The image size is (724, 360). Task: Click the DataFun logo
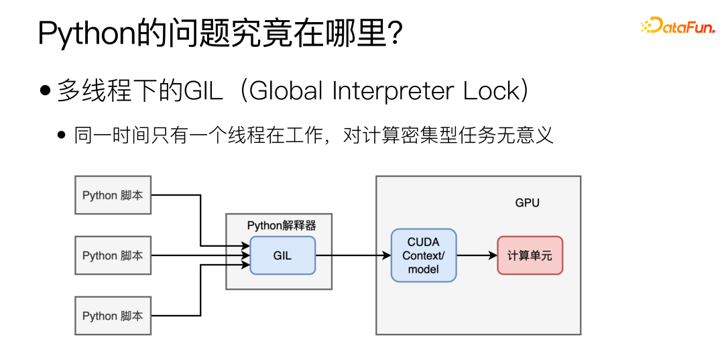coord(677,27)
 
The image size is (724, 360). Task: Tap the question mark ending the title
coord(394,34)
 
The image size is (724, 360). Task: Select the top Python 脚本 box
coord(113,195)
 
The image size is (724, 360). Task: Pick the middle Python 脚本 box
coord(113,255)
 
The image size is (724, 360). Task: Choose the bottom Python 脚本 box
coord(113,316)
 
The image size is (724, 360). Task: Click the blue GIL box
coord(282,255)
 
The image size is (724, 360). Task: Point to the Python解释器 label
coord(281,226)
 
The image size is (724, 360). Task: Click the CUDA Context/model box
coord(424,255)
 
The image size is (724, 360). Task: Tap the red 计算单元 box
coord(530,255)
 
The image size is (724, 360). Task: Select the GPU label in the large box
coord(527,202)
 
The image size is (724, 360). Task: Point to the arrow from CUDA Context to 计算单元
coord(477,255)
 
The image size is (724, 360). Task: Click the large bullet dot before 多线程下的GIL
coord(46,91)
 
